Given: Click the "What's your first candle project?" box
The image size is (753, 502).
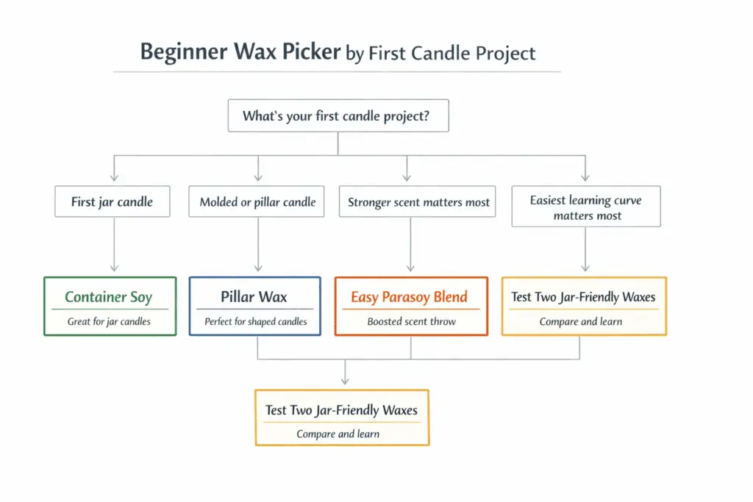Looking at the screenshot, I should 338,116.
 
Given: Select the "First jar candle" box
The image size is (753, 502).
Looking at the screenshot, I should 112,201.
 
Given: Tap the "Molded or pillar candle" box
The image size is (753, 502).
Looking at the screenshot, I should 257,201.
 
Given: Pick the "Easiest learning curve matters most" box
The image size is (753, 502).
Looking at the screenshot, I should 587,207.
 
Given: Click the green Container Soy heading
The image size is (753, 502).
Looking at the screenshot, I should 108,297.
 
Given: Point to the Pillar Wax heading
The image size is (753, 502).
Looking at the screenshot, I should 254,297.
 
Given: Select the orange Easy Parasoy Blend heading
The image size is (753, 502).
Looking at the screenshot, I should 409,297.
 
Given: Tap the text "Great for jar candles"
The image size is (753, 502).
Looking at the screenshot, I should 109,321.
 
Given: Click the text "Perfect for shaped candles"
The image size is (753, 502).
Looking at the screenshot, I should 255,321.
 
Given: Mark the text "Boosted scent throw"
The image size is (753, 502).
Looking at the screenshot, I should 411,321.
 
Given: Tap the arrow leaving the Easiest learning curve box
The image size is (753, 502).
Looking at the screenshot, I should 585,250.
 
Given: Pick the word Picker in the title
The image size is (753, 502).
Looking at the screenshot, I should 313,53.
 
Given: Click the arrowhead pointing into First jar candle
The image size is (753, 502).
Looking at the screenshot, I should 114,177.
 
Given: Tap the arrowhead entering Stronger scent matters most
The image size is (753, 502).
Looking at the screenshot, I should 407,177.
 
